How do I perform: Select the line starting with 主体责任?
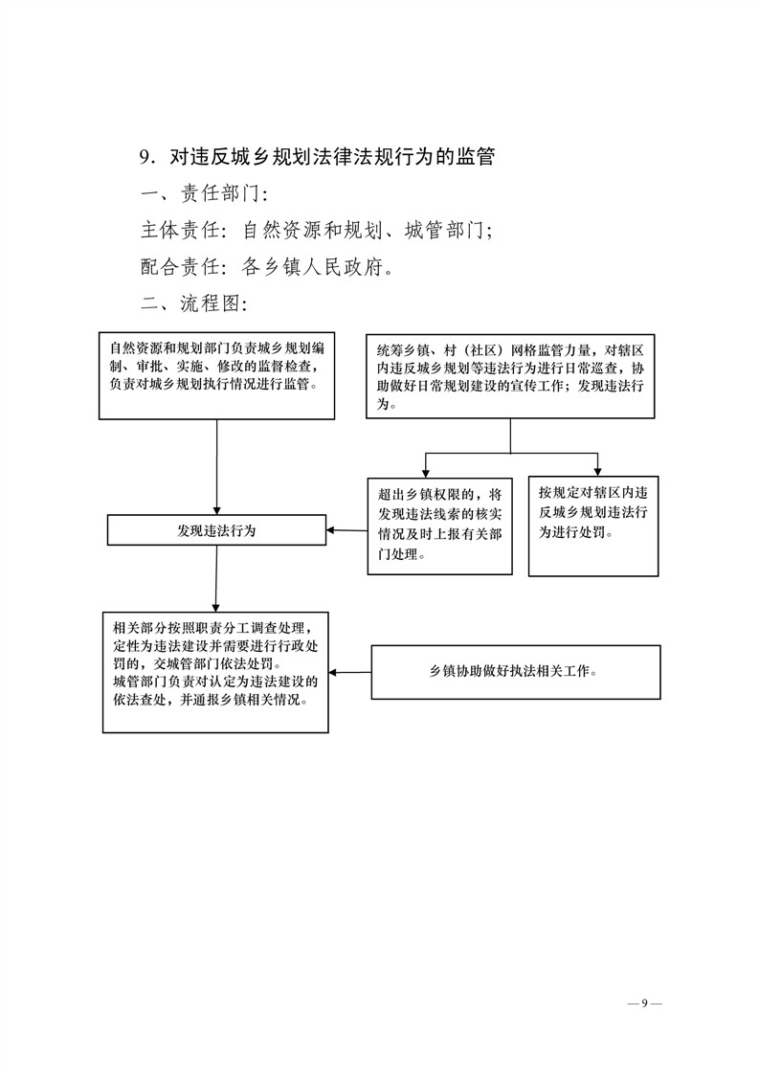point(316,231)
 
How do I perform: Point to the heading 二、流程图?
point(194,303)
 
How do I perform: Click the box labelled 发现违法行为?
point(216,530)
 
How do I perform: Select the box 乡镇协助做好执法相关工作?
point(515,671)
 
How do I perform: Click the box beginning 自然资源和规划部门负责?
point(216,374)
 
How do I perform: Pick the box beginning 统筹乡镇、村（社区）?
point(509,374)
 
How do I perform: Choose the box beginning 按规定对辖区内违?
point(592,526)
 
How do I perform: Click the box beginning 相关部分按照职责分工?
point(215,672)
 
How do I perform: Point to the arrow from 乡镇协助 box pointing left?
point(349,671)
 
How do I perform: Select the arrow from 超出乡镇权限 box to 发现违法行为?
point(346,530)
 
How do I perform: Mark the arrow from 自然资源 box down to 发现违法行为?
point(217,469)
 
